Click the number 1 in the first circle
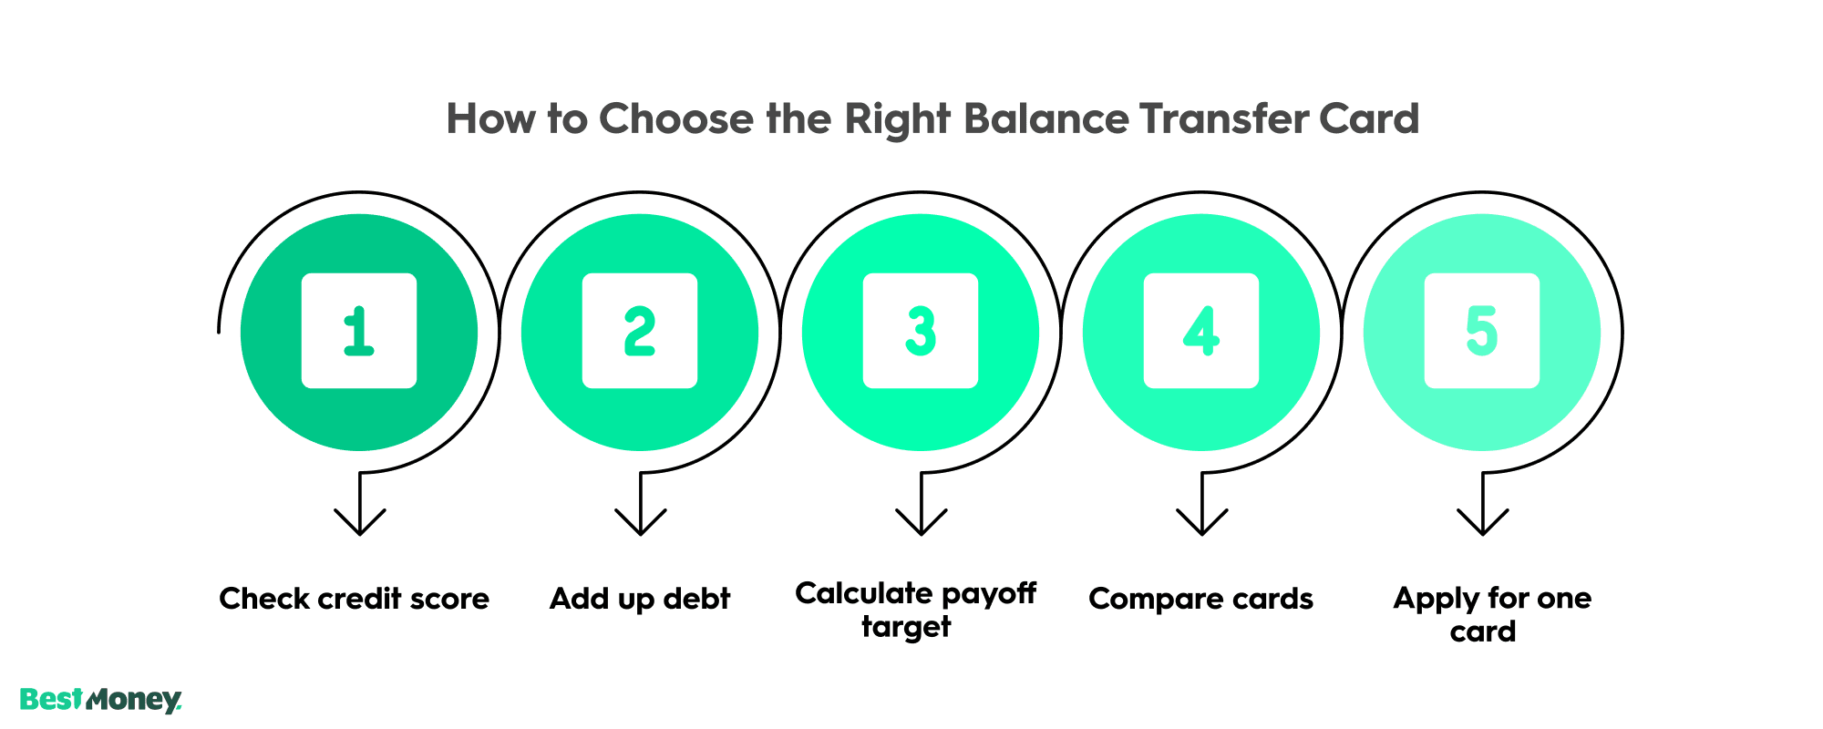click(x=358, y=331)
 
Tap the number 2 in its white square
click(x=639, y=331)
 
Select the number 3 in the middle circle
click(x=920, y=331)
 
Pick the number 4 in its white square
click(x=1200, y=331)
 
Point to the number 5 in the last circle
click(x=1481, y=331)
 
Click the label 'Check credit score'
click(x=354, y=599)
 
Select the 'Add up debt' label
click(x=640, y=599)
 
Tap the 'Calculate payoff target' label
click(x=915, y=610)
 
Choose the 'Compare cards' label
click(x=1200, y=599)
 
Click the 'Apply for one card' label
click(x=1491, y=614)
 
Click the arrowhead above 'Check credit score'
click(x=360, y=523)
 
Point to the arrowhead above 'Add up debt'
click(x=641, y=523)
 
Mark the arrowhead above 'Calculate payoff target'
click(x=922, y=523)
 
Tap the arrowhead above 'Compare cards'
click(x=1202, y=523)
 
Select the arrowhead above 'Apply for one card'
click(x=1483, y=523)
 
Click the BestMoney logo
click(x=100, y=700)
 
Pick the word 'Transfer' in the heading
click(x=1220, y=119)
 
